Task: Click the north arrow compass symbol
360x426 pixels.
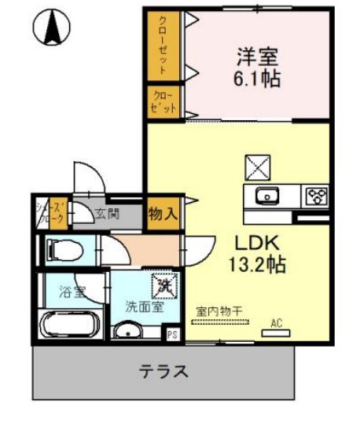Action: [x=52, y=28]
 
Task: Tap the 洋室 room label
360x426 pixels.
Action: [x=259, y=57]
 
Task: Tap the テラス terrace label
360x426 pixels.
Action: [x=163, y=371]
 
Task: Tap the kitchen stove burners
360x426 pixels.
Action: [x=317, y=196]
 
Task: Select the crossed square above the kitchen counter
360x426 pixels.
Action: [x=258, y=167]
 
